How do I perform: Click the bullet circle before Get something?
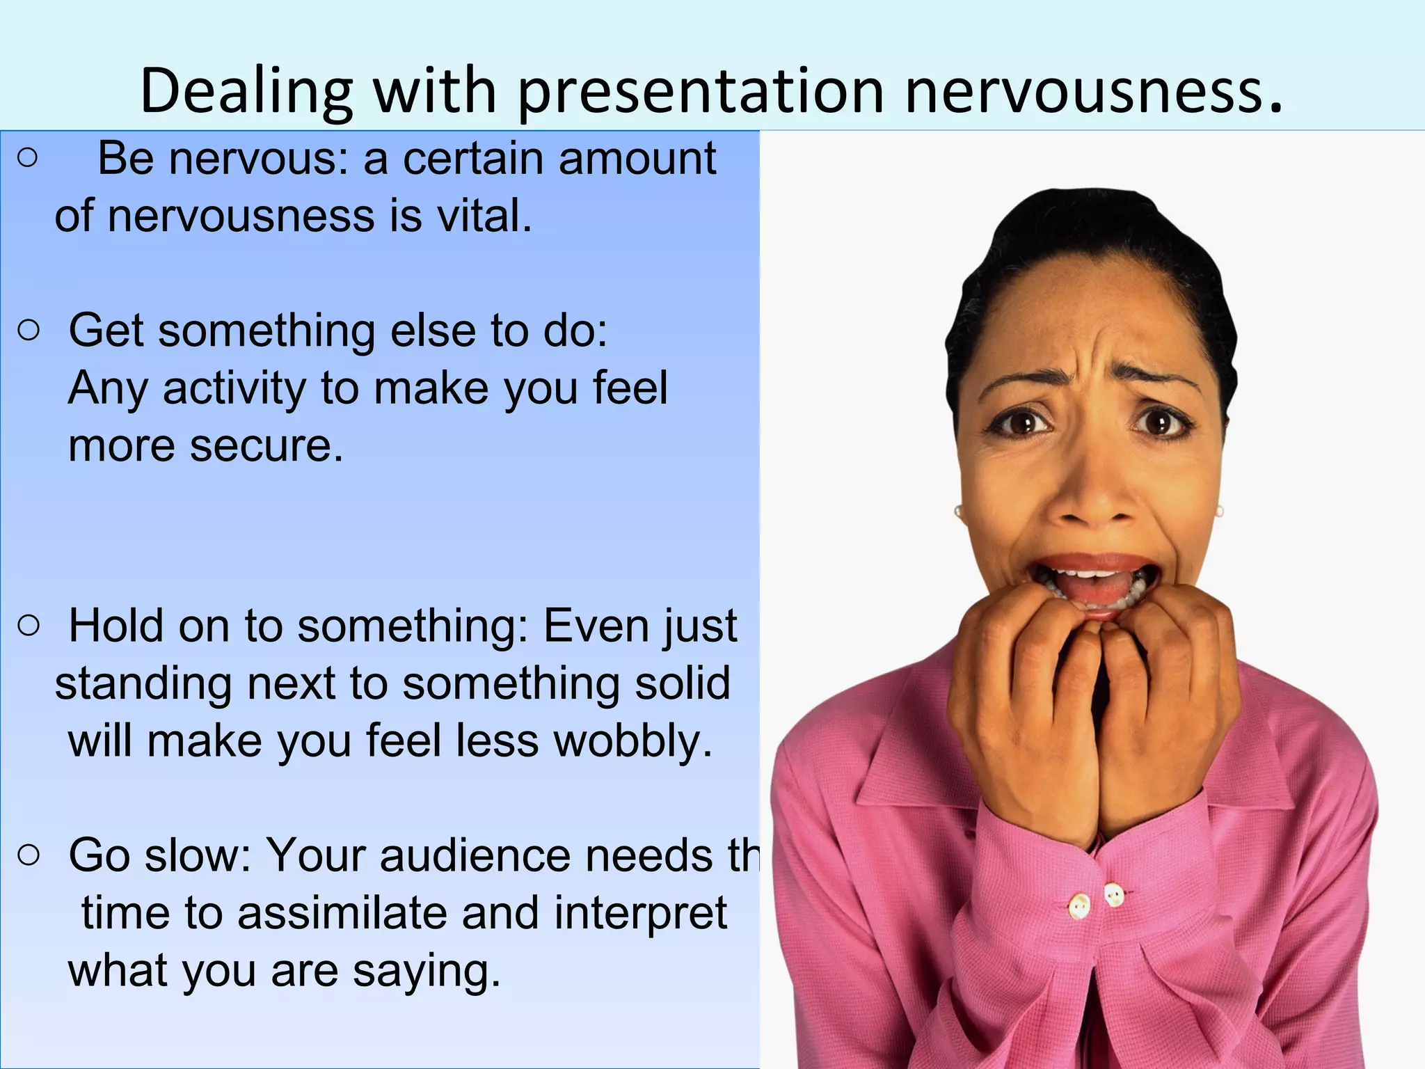click(29, 331)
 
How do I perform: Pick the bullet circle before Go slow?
click(29, 855)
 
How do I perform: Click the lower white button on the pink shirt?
click(1079, 906)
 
